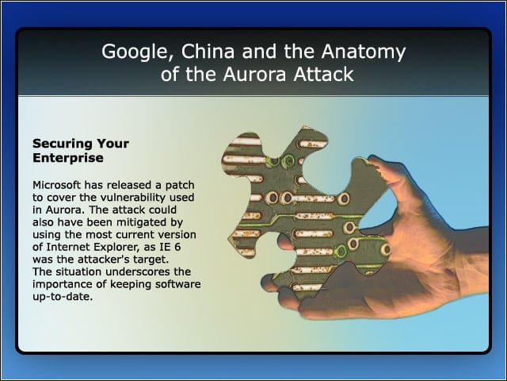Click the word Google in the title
click(136, 52)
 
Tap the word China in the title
click(208, 51)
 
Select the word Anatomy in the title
click(364, 52)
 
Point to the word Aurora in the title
click(254, 74)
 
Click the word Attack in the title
click(324, 74)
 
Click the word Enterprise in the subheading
click(68, 158)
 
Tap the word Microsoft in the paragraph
click(56, 185)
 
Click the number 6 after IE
click(177, 247)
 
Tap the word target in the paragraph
click(151, 260)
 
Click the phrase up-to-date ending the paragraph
click(63, 297)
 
